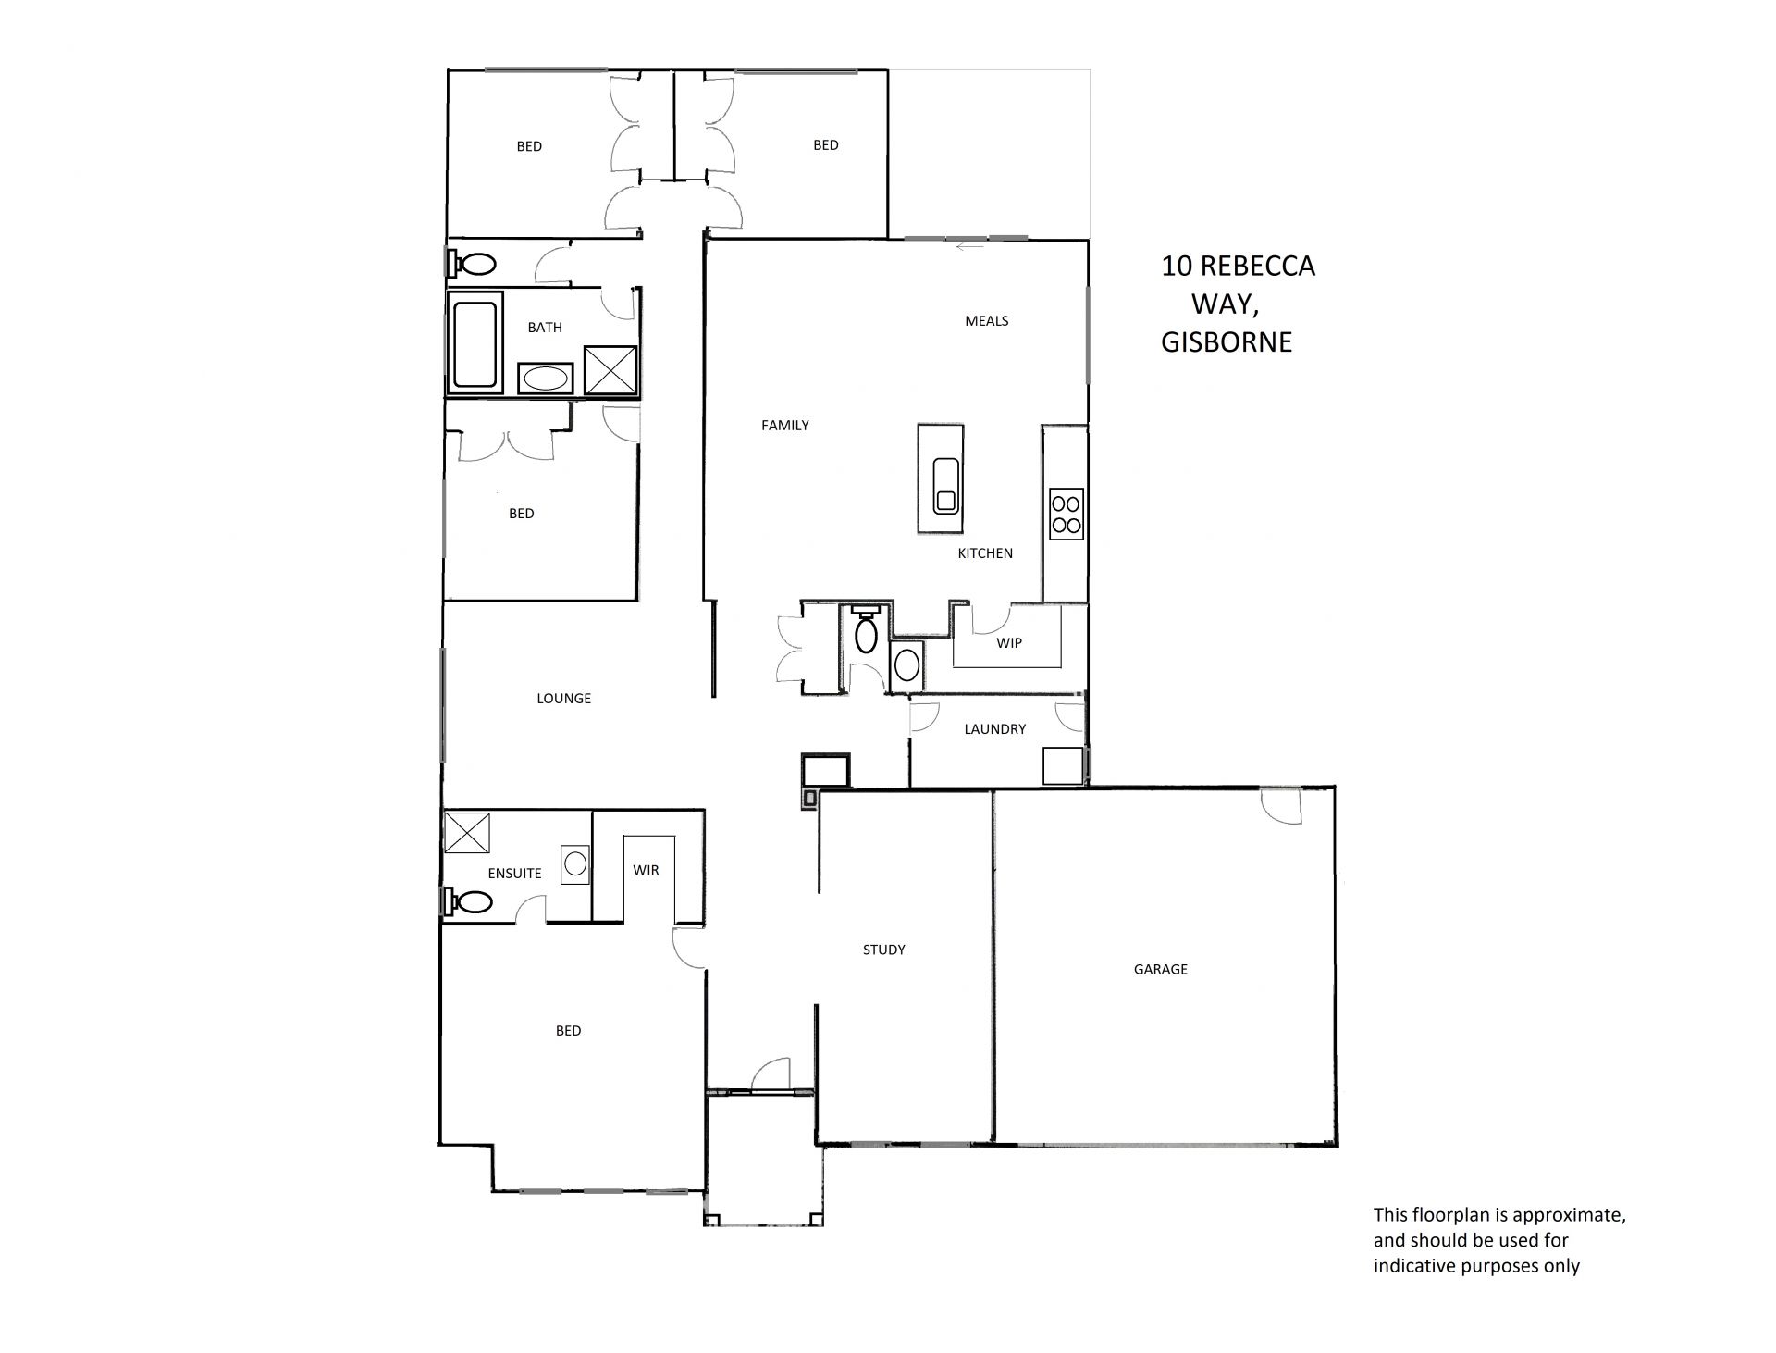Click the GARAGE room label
tap(1160, 969)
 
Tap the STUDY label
tap(883, 950)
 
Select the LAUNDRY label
tap(994, 729)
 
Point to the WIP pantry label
tap(1008, 643)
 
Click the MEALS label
tap(986, 321)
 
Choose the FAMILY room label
tap(784, 426)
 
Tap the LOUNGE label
tap(563, 699)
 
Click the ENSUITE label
tap(514, 874)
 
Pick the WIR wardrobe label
tap(646, 871)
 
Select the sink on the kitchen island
tap(944, 485)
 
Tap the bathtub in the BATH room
tap(475, 344)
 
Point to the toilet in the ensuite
tap(468, 901)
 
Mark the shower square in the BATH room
tap(610, 370)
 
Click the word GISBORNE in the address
tap(1227, 342)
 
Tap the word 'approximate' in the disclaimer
tap(1569, 1215)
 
